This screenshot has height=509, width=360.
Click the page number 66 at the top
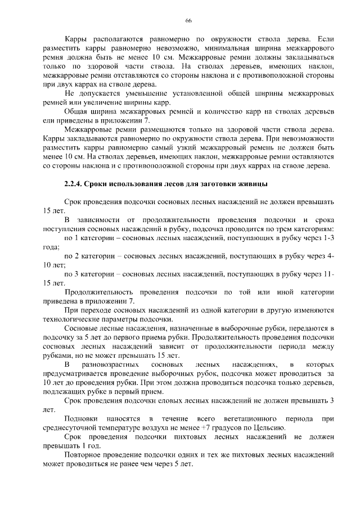(188, 21)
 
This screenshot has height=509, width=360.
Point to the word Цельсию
(271, 428)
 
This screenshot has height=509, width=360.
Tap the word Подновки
(83, 419)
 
